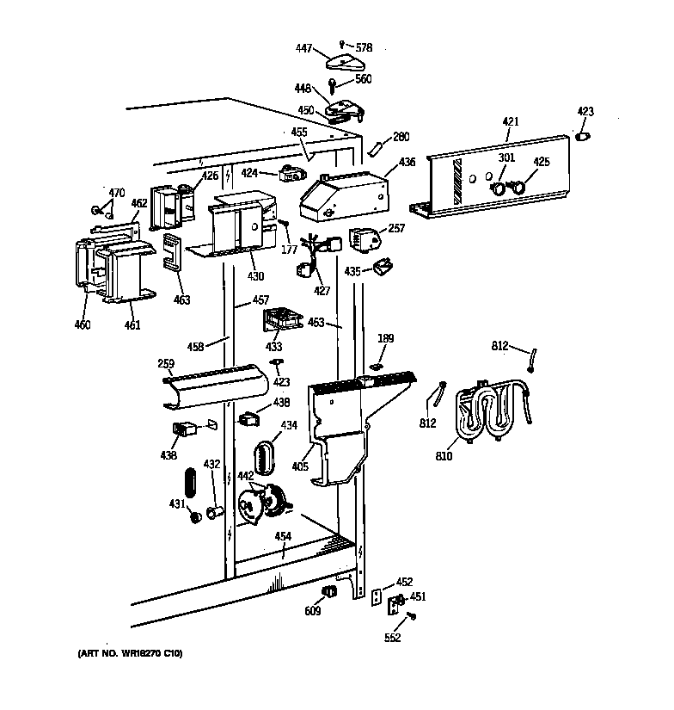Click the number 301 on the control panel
pyautogui.click(x=505, y=157)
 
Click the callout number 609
pyautogui.click(x=312, y=611)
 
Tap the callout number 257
pyautogui.click(x=396, y=228)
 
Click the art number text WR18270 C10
pyautogui.click(x=124, y=655)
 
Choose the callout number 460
pyautogui.click(x=83, y=325)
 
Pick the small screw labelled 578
pyautogui.click(x=342, y=43)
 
